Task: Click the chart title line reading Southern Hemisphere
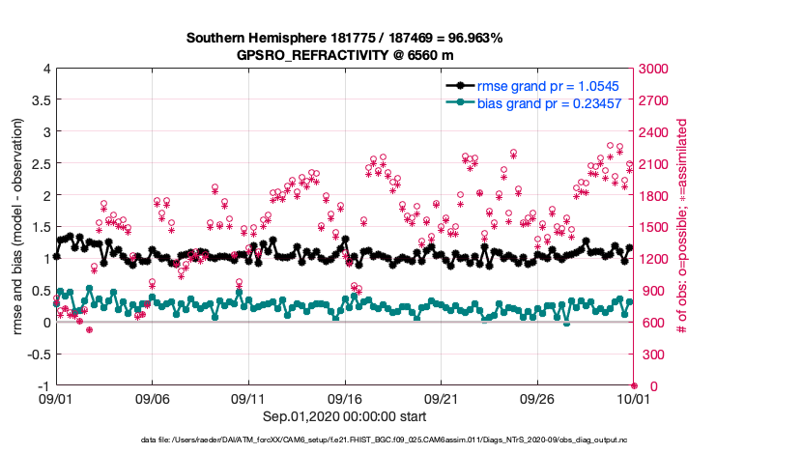pos(344,39)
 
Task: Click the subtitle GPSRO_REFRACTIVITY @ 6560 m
pos(345,55)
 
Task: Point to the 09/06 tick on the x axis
pos(153,398)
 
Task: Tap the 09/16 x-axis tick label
pos(345,398)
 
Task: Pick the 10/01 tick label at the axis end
pos(633,398)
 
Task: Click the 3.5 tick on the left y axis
pos(39,99)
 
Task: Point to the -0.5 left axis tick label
pos(37,354)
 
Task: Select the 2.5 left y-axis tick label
pos(39,163)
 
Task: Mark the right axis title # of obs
pos(681,227)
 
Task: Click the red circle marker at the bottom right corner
pos(634,385)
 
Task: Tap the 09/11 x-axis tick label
pos(248,398)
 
